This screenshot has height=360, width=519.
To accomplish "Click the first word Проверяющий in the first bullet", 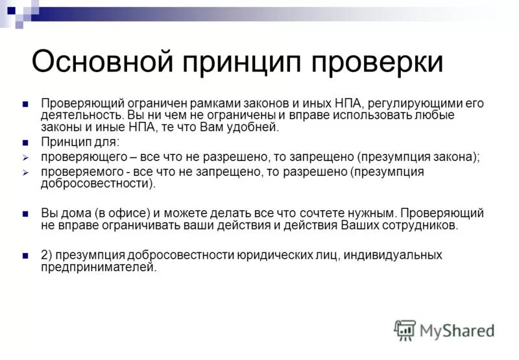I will [x=81, y=103].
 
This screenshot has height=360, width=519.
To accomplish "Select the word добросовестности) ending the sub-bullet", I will [x=98, y=184].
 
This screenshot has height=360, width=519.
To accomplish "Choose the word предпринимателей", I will [x=99, y=267].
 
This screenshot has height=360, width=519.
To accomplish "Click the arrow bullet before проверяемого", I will [x=25, y=172].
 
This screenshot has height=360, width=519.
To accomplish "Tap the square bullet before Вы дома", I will [x=25, y=213].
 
